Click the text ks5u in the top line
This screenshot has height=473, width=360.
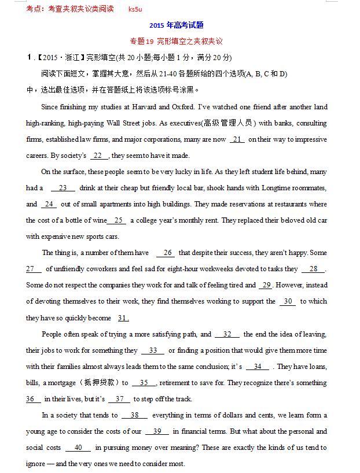[135, 9]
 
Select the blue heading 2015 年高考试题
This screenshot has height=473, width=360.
[176, 25]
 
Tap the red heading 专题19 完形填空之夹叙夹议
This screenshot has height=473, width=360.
[176, 41]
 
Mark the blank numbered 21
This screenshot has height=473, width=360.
[237, 139]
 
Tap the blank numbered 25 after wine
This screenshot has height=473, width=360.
[118, 220]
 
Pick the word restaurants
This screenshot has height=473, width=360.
[285, 204]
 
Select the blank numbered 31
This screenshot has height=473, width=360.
[123, 318]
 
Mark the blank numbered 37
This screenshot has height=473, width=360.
[119, 399]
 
